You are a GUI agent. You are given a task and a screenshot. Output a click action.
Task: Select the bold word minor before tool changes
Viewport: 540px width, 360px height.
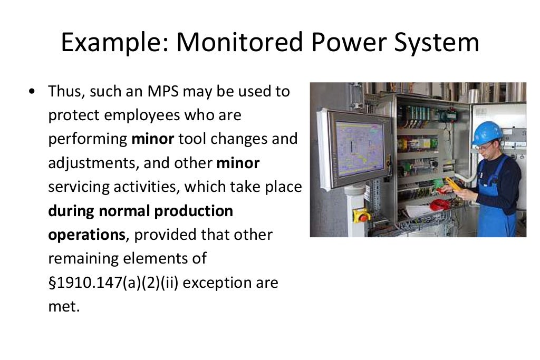[153, 139]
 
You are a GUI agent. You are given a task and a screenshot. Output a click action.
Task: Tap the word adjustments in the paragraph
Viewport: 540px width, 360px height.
[93, 163]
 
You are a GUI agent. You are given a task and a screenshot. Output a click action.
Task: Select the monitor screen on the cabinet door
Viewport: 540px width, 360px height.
[360, 148]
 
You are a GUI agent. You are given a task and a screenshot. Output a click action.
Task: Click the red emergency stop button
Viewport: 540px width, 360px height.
[361, 215]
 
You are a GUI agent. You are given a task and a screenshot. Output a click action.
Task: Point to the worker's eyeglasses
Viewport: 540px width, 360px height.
[484, 146]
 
